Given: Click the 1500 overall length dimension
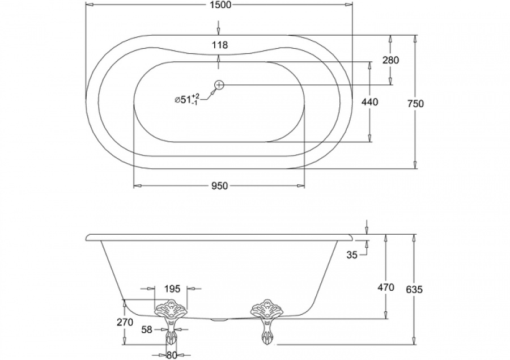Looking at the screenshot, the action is point(220,5).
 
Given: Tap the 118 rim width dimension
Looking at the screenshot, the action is point(220,45).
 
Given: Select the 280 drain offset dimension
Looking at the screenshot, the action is point(390,60).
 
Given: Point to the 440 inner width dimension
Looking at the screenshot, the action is point(370,102).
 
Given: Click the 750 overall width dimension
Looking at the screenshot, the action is point(415,104).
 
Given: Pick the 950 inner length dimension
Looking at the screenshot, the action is point(219,186).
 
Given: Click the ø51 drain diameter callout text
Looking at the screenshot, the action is point(187,99).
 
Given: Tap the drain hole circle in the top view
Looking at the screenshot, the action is point(219,85).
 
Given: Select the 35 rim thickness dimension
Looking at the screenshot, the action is point(351,255).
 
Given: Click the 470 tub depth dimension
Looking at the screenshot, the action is point(385,287).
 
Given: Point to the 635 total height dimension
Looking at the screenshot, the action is point(414,289).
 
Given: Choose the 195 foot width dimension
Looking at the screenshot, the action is point(172,289).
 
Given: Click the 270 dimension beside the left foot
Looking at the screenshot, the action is point(125,322).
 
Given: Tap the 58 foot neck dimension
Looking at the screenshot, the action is point(147,330).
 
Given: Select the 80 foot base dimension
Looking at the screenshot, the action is point(171,355).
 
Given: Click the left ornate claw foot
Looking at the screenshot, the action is point(171,322).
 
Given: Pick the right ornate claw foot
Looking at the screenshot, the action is point(266,321).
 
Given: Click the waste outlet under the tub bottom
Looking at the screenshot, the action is point(219,320).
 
